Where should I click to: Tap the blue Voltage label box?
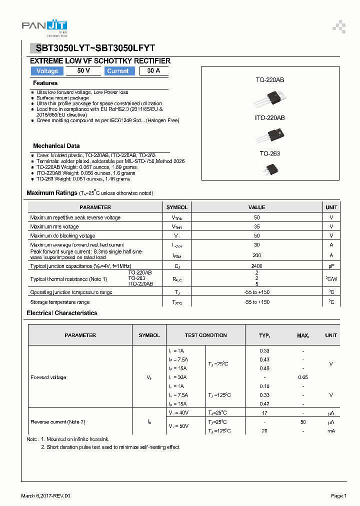click(47, 71)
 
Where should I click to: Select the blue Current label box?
click(118, 71)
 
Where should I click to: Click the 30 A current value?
click(154, 71)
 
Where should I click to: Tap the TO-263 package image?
click(270, 169)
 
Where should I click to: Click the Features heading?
click(45, 83)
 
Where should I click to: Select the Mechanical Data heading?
click(56, 146)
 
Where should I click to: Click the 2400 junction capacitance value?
click(256, 266)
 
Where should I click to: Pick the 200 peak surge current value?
click(256, 255)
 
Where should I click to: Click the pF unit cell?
click(331, 266)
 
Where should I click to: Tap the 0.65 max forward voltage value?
click(303, 377)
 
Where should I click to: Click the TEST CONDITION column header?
click(205, 335)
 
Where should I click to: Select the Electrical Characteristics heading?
click(62, 313)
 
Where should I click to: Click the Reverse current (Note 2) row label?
click(57, 422)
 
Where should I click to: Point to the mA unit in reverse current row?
click(331, 430)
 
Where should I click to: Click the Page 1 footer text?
click(338, 496)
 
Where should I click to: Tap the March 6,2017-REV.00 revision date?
click(46, 496)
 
